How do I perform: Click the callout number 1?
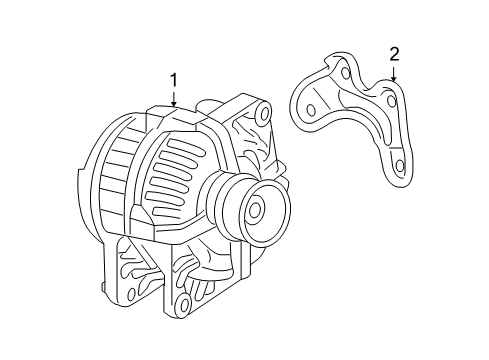(x=174, y=79)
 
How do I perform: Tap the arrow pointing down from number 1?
(x=174, y=97)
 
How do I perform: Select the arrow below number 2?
(x=393, y=72)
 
